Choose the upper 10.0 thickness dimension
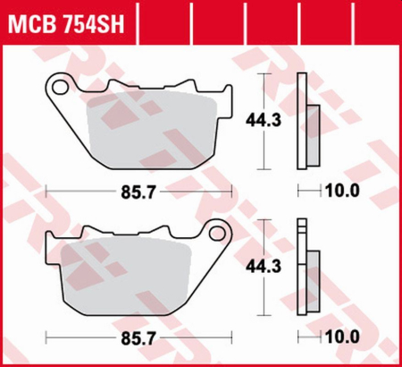345,191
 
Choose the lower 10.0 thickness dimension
345,337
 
